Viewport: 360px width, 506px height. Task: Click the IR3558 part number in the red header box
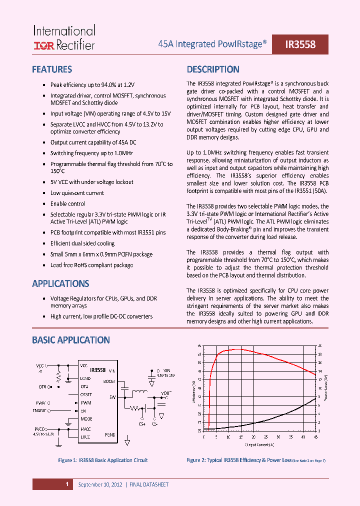pyautogui.click(x=300, y=44)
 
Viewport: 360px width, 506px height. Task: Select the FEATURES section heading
pyautogui.click(x=52, y=69)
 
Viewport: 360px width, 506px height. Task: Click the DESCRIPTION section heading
pyautogui.click(x=213, y=69)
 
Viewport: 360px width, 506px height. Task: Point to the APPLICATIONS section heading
pyautogui.click(x=60, y=283)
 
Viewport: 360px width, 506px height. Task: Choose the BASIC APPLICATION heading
pyautogui.click(x=70, y=340)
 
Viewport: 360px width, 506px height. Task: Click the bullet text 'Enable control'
pyautogui.click(x=67, y=203)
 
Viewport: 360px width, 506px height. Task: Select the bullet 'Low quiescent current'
pyautogui.click(x=77, y=193)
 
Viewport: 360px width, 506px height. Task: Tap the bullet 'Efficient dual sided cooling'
pyautogui.click(x=82, y=243)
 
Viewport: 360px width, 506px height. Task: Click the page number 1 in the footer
pyautogui.click(x=66, y=484)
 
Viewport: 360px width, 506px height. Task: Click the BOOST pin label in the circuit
pyautogui.click(x=109, y=381)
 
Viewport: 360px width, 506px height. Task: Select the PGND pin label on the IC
pyautogui.click(x=109, y=435)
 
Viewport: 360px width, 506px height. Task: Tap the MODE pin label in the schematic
pyautogui.click(x=86, y=419)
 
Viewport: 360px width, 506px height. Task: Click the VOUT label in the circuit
pyautogui.click(x=165, y=393)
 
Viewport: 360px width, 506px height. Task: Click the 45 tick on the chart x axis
pyautogui.click(x=315, y=436)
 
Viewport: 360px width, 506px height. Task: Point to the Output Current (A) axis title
pyautogui.click(x=259, y=444)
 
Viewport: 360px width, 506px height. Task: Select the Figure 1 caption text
pyautogui.click(x=103, y=460)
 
